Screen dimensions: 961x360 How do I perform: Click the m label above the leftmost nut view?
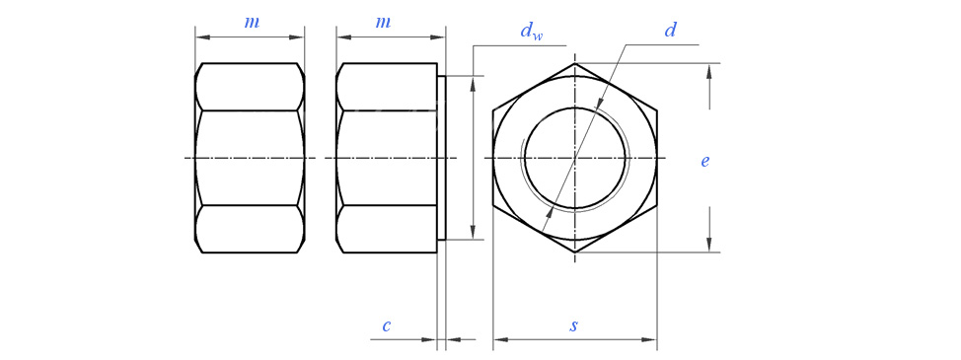[x=252, y=23]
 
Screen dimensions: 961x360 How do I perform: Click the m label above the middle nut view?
[x=383, y=23]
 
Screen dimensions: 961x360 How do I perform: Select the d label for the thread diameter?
[x=670, y=31]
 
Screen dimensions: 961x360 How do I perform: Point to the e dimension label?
[x=705, y=161]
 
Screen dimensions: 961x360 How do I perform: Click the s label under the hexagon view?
[x=573, y=325]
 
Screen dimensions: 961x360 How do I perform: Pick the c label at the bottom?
[x=386, y=325]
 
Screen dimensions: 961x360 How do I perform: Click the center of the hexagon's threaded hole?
[x=575, y=158]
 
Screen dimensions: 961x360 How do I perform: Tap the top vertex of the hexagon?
[x=575, y=63]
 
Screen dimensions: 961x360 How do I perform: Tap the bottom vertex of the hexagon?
[x=575, y=252]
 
